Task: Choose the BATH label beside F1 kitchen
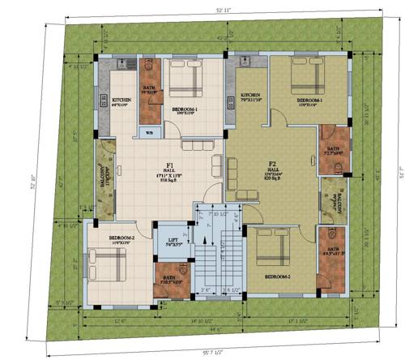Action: click(150, 90)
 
